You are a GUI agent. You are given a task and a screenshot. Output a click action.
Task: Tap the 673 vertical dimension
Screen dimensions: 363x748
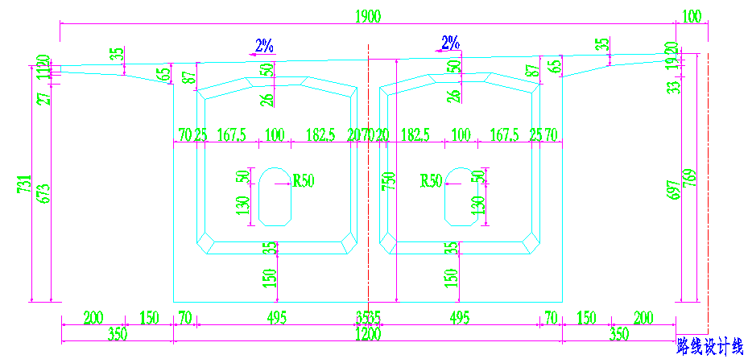tap(45, 190)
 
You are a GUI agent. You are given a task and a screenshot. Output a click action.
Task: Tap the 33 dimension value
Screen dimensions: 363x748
tap(674, 83)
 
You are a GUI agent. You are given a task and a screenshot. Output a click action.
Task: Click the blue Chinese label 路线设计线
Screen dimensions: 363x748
tap(709, 347)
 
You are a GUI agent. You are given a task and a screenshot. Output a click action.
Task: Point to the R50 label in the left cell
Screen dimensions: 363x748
tap(303, 181)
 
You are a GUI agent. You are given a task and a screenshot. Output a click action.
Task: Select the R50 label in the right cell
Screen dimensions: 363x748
tap(432, 181)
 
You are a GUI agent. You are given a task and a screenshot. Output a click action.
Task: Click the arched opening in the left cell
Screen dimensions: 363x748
tap(275, 196)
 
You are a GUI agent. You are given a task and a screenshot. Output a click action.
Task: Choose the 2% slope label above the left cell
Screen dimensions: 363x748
tap(264, 46)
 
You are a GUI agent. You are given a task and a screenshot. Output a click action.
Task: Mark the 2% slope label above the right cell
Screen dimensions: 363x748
tap(450, 43)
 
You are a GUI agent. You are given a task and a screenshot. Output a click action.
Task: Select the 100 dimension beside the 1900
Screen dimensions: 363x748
tap(692, 15)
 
